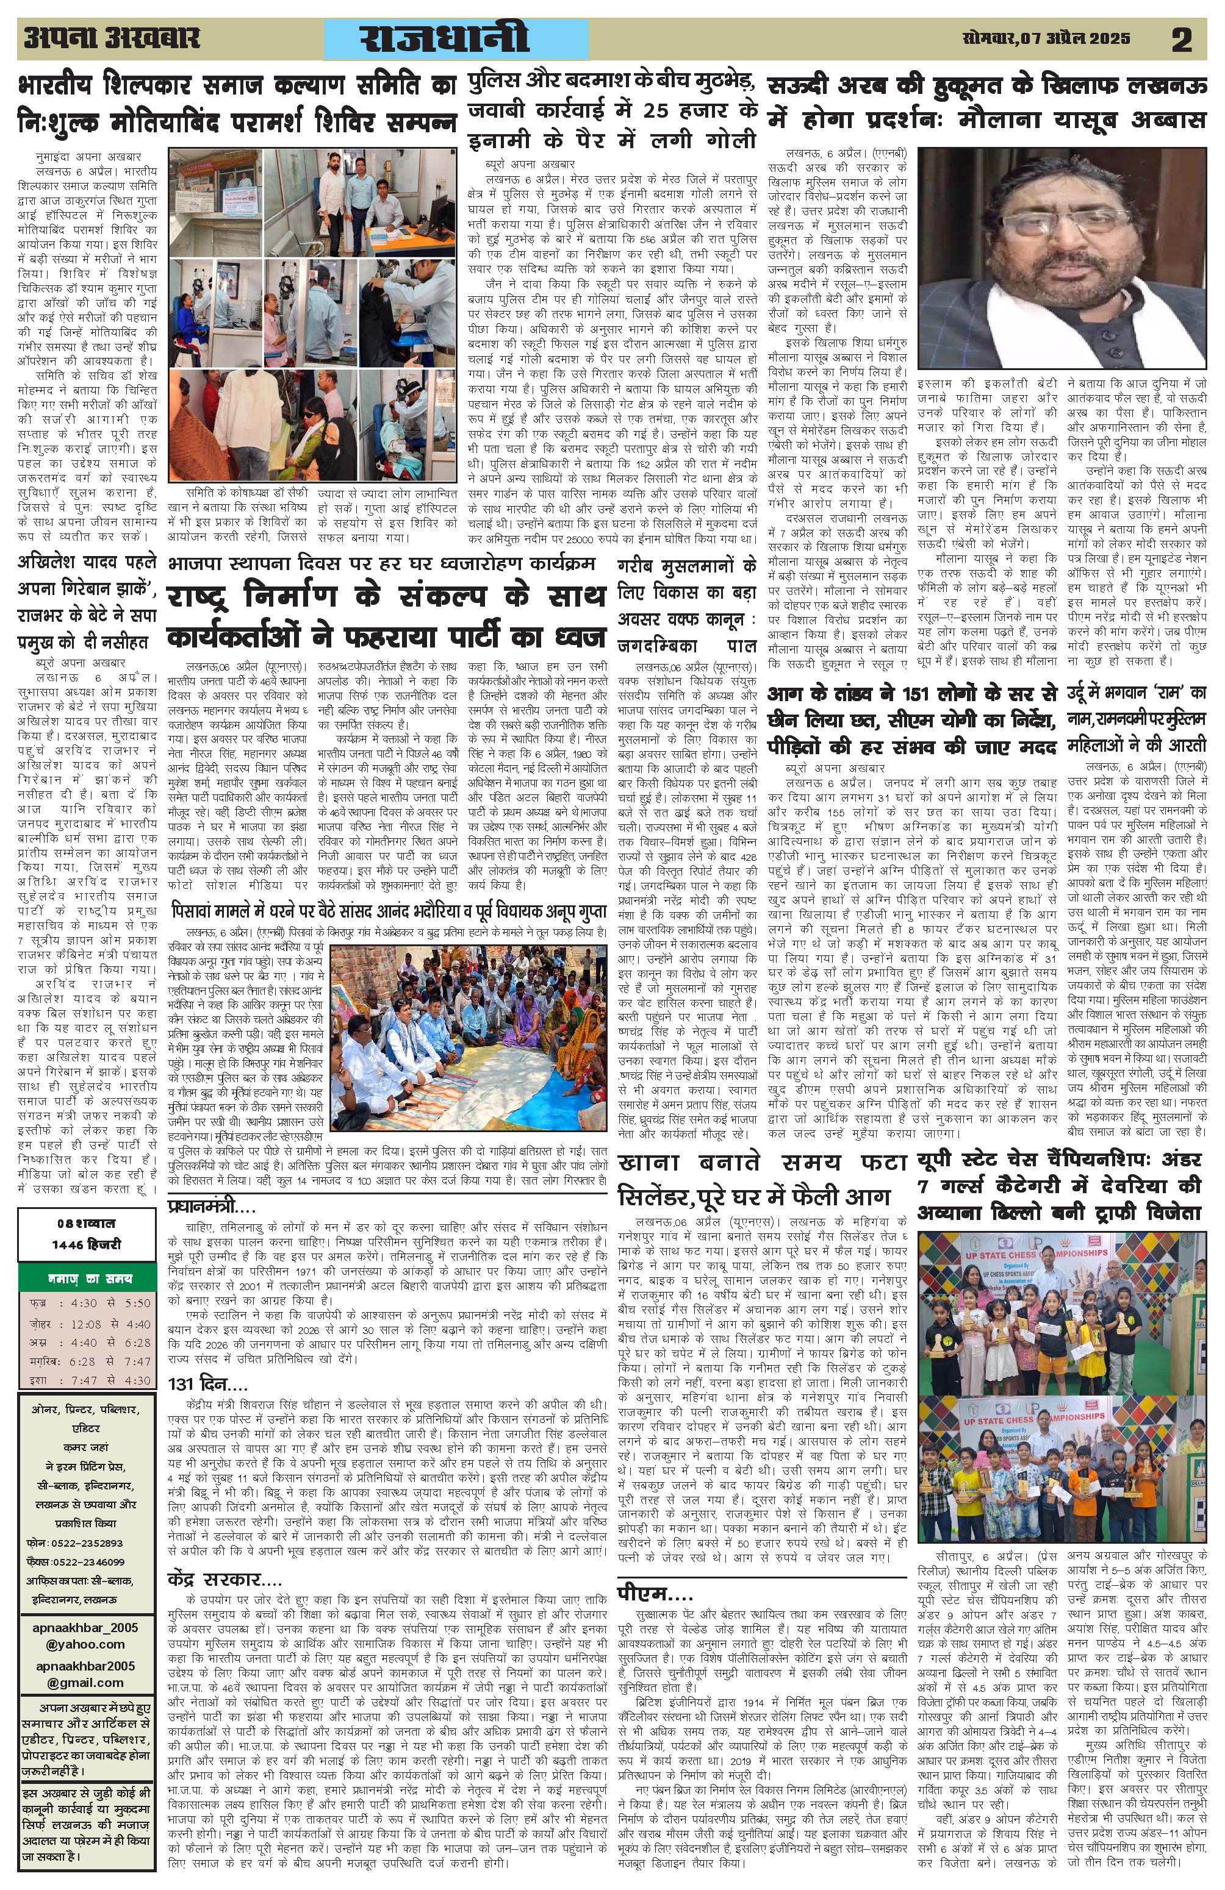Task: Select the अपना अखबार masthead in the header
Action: tap(112, 38)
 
